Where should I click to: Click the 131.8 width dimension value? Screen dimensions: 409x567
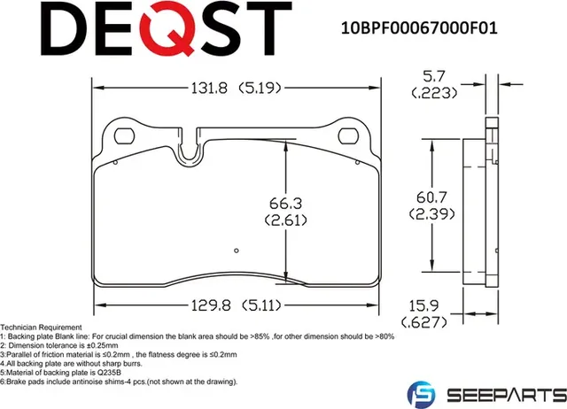point(211,88)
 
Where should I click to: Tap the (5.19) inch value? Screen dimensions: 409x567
point(261,88)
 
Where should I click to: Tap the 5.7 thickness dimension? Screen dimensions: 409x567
point(434,78)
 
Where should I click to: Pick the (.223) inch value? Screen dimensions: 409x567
point(434,94)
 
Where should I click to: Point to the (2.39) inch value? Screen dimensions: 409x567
point(429,214)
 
